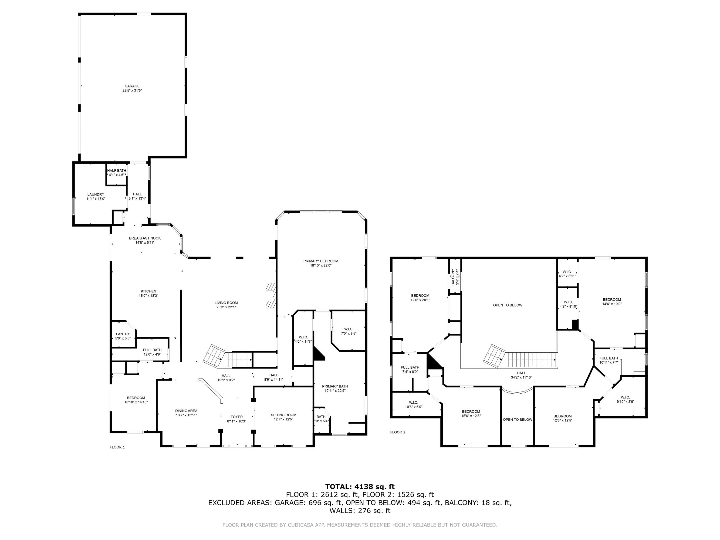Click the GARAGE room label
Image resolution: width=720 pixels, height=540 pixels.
coord(132,86)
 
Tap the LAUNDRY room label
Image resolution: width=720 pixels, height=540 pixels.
coord(96,194)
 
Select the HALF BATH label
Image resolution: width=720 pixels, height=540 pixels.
coord(117,171)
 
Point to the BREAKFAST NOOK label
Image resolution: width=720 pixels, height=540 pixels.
coord(145,238)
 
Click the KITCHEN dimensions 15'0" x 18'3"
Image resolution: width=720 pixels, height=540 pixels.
coord(148,296)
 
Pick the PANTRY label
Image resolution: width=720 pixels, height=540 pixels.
coord(123,334)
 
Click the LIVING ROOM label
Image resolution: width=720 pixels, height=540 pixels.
coord(226,303)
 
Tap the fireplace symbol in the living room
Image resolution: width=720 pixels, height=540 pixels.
coord(271,296)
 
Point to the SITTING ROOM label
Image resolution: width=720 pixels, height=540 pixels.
coord(283,415)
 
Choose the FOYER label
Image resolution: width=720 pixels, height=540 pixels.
coord(237,417)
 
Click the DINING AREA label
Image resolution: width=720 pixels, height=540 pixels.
coord(186,411)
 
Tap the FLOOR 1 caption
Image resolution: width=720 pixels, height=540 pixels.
coord(117,447)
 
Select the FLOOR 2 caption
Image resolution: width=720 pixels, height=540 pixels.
coord(398,432)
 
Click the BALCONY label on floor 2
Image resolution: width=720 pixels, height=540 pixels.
coord(453,277)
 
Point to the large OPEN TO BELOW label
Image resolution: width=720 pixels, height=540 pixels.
coord(508,305)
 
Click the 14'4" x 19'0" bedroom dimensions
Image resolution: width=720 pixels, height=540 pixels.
coord(612,304)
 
